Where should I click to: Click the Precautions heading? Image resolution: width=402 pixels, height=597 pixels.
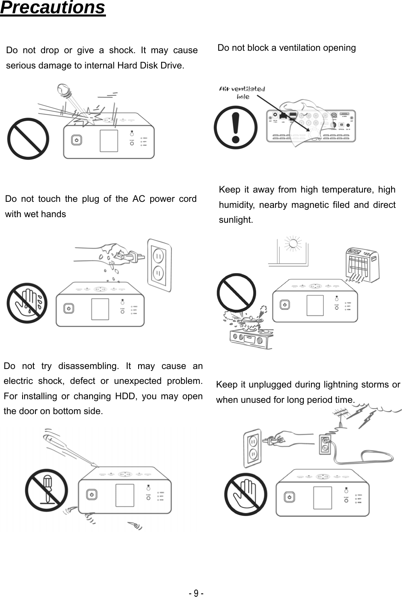53,8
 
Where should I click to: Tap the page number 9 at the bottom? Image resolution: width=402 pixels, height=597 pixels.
196,593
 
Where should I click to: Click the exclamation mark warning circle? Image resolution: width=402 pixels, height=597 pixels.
236,127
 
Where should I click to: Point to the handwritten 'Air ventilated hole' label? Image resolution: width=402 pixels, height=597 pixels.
242,92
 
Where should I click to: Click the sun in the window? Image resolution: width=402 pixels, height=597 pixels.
293,244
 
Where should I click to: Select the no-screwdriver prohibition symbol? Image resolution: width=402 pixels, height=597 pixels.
46,490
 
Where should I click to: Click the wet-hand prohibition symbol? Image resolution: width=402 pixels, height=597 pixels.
27,303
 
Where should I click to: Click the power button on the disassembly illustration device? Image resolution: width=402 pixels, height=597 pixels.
92,494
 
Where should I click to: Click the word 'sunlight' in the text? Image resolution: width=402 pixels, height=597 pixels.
236,220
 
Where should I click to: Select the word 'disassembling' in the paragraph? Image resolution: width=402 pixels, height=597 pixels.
88,366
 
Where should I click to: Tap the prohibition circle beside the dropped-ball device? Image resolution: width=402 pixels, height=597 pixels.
28,139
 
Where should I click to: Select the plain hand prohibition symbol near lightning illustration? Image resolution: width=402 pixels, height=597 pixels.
246,494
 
